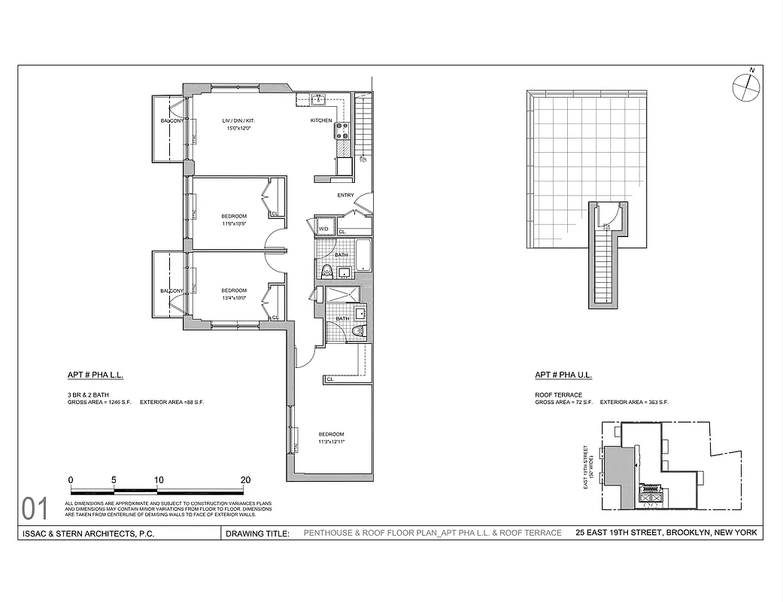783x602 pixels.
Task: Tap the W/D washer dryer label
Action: coord(325,229)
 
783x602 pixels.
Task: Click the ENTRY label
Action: coord(345,196)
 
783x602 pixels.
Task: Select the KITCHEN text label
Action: coord(321,121)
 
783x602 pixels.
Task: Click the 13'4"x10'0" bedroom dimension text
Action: coord(234,298)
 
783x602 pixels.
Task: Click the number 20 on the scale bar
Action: coord(245,479)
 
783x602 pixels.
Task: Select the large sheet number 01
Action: coord(35,509)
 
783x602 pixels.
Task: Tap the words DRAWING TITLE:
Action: coord(257,534)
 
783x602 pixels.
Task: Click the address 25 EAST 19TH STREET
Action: coord(618,533)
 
